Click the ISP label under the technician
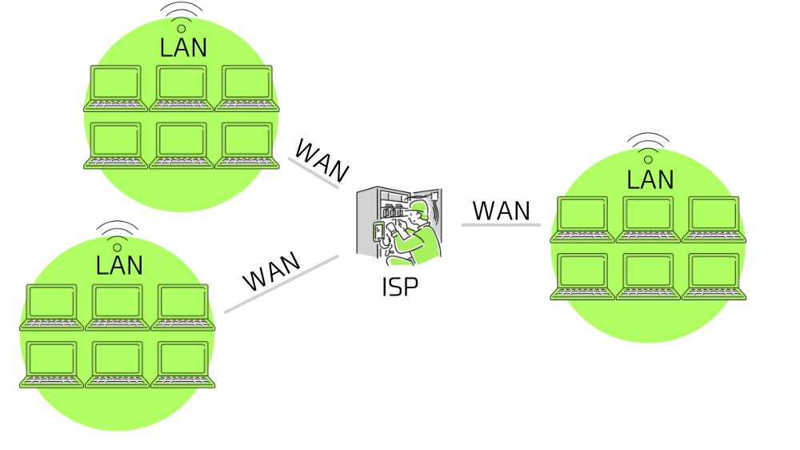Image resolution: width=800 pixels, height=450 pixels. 399,287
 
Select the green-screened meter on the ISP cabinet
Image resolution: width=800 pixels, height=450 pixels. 379,232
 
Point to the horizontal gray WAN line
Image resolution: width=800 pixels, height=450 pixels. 501,225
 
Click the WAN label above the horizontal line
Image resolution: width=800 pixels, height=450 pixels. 501,211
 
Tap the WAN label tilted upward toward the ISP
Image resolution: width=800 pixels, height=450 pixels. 271,272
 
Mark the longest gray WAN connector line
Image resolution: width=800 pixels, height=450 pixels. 281,284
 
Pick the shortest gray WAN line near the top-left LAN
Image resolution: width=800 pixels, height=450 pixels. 313,173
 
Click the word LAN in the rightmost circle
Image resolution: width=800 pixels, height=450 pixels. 650,179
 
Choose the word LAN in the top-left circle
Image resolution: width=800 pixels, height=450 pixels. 183,48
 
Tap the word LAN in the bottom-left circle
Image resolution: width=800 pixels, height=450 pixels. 119,266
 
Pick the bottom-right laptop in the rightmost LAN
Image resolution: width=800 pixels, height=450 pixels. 714,277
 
